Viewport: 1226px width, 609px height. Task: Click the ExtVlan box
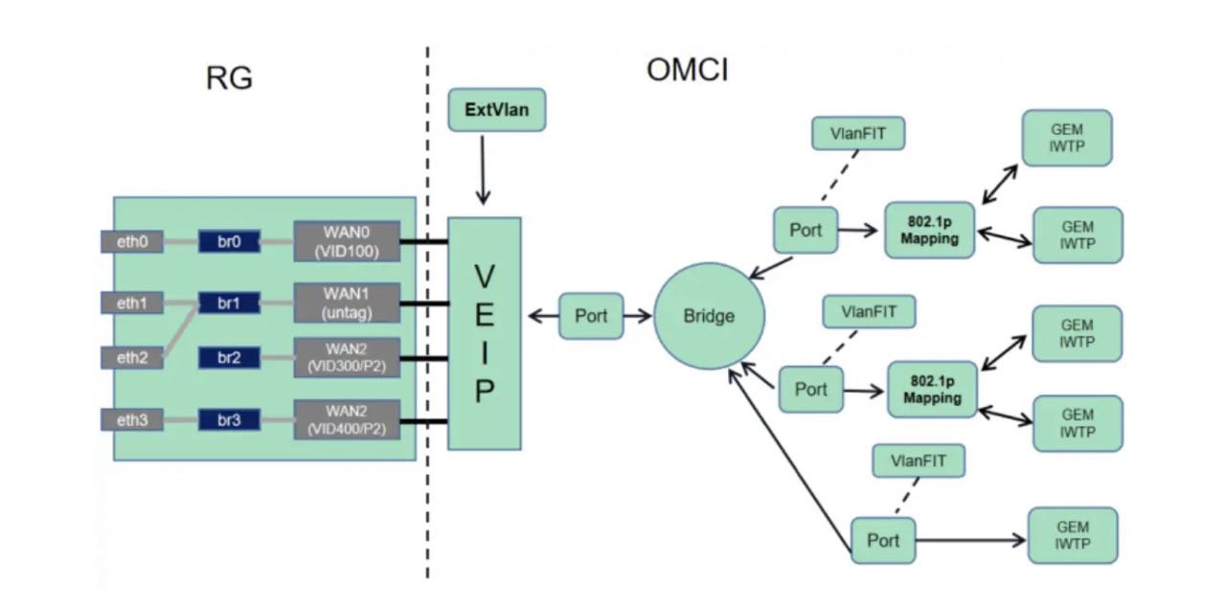[x=495, y=110]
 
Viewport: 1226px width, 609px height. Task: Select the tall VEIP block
[x=485, y=333]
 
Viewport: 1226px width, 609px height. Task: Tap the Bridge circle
[x=710, y=315]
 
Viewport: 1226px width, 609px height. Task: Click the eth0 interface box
[x=132, y=242]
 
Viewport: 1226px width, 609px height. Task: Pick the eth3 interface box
[x=132, y=419]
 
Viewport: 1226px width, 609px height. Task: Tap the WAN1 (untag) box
[x=346, y=303]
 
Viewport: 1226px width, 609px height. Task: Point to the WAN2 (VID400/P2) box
[x=346, y=419]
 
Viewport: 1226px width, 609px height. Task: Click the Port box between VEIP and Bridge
[x=590, y=316]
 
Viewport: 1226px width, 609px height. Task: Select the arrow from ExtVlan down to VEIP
[x=484, y=168]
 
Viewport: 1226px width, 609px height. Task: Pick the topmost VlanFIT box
[x=858, y=133]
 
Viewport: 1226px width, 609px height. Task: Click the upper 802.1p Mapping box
[x=929, y=230]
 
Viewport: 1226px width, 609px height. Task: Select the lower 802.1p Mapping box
[x=932, y=389]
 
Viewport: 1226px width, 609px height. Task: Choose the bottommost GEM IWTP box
[x=1073, y=535]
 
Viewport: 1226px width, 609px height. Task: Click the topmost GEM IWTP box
[x=1067, y=138]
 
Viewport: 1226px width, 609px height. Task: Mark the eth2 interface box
[x=132, y=358]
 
